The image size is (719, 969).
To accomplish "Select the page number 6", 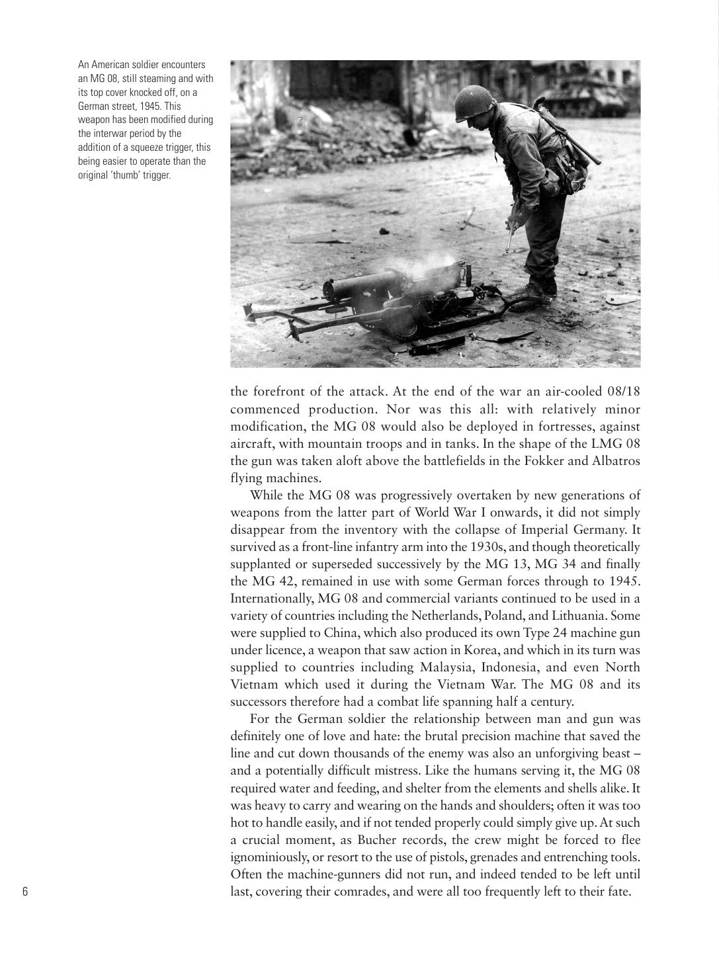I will [x=25, y=891].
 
